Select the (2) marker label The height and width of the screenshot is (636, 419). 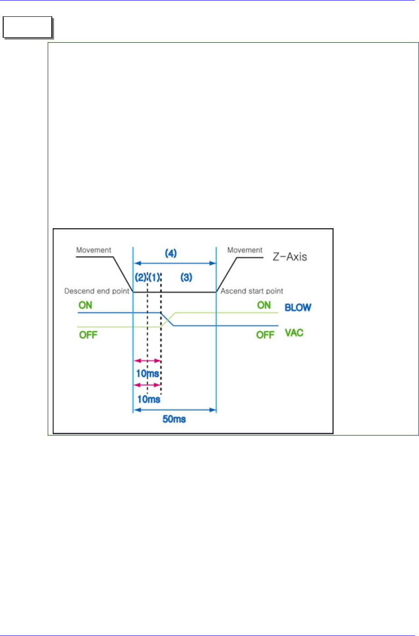140,277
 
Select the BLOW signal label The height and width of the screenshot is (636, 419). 298,307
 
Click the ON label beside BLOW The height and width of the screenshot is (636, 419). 264,305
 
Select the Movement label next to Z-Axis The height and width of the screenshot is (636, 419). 245,250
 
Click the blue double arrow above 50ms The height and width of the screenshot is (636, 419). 174,410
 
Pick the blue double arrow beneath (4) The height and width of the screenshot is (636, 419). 174,263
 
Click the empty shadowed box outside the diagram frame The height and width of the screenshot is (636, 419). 27,28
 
